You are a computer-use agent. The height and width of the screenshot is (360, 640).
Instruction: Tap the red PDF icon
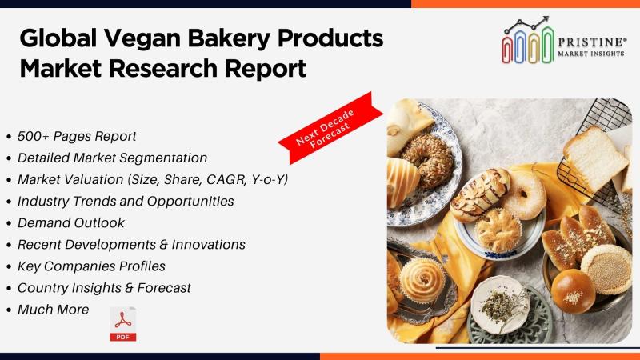123,324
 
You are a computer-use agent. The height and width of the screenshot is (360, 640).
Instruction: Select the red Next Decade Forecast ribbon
330,128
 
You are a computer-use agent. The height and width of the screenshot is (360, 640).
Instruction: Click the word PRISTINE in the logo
592,42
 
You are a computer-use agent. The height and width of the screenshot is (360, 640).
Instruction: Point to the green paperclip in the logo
547,45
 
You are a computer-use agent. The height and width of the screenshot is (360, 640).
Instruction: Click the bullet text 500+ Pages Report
77,136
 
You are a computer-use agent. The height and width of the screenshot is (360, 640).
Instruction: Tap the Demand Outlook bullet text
71,223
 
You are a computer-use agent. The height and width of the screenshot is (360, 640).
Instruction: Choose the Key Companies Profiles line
91,266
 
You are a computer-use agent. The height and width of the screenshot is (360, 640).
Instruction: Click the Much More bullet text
53,310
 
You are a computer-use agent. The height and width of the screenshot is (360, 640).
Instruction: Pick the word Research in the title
163,69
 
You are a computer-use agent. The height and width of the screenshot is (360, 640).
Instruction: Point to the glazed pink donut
525,194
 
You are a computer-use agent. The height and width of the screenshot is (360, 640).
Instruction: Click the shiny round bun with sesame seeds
573,291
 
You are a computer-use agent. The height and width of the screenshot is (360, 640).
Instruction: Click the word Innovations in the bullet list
208,245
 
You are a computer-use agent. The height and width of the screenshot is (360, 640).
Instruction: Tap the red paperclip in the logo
507,49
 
